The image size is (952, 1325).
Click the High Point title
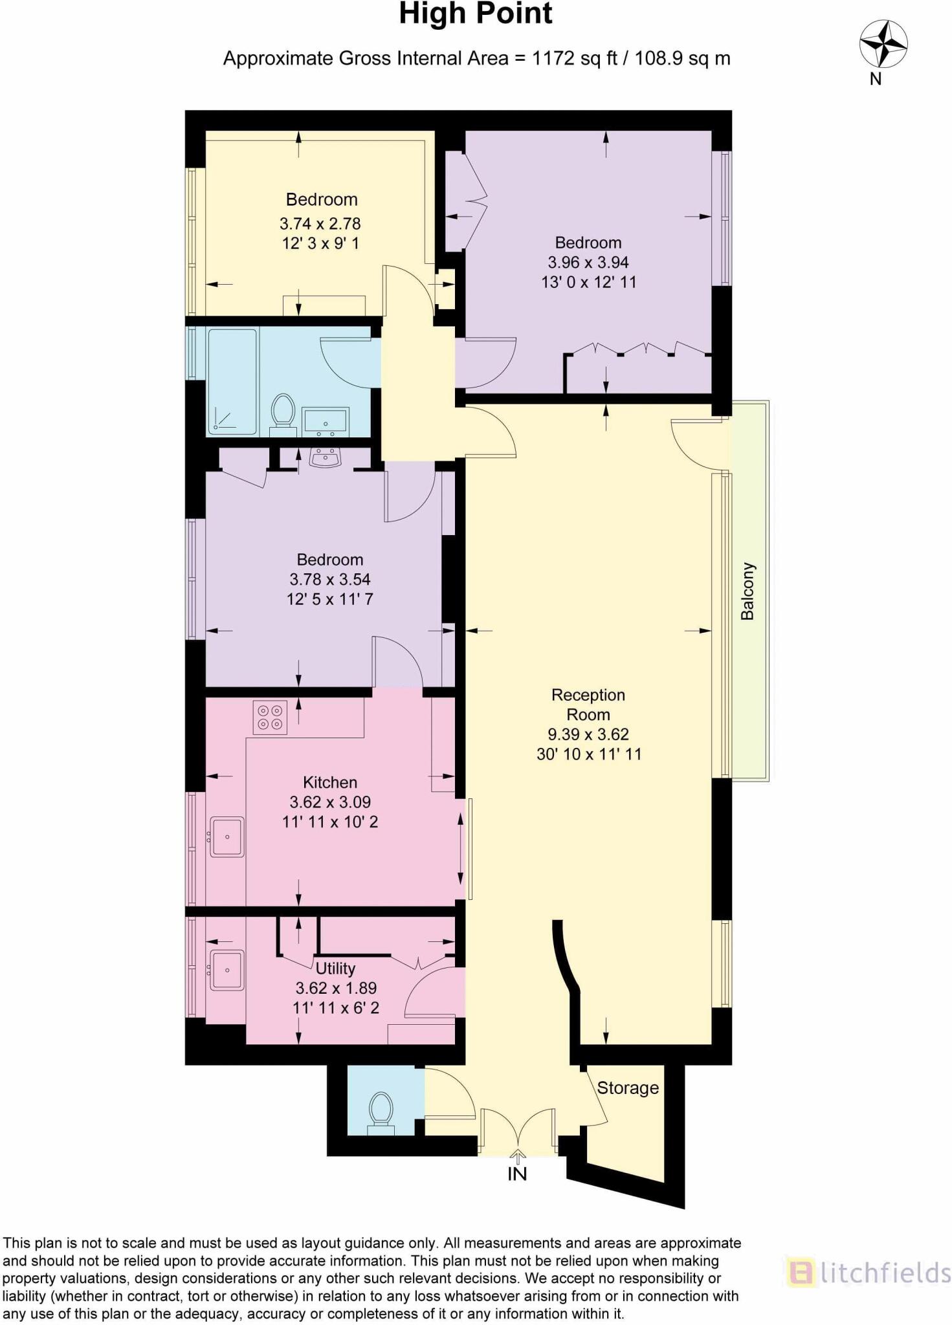(475, 14)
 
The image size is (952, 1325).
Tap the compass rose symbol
(882, 44)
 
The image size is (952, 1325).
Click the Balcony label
(747, 591)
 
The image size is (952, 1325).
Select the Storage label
(627, 1088)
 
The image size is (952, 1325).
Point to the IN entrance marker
(516, 1173)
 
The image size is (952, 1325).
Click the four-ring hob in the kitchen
(270, 717)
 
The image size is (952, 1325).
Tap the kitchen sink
(227, 837)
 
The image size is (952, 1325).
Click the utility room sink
(227, 970)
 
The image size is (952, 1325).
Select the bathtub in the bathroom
(232, 381)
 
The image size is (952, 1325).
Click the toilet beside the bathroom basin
(283, 411)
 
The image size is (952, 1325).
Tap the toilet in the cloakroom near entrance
(381, 1111)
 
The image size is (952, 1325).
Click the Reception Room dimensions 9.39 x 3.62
(588, 734)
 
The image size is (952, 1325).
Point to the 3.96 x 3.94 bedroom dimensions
(588, 262)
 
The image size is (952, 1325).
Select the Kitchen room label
(329, 782)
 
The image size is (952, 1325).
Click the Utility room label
(335, 968)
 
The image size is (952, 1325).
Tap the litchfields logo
(868, 1273)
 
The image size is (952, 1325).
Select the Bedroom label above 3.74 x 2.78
(321, 199)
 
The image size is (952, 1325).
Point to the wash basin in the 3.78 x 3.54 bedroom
(326, 458)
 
